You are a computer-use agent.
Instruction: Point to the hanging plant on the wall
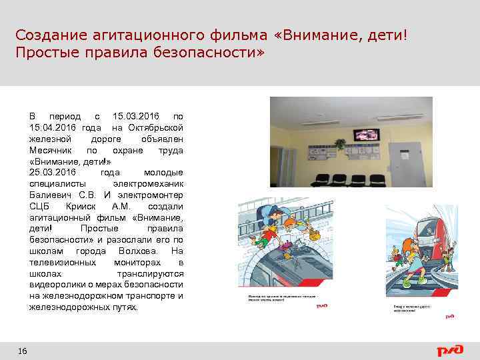point(341,143)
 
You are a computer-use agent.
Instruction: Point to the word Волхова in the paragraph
point(137,251)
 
